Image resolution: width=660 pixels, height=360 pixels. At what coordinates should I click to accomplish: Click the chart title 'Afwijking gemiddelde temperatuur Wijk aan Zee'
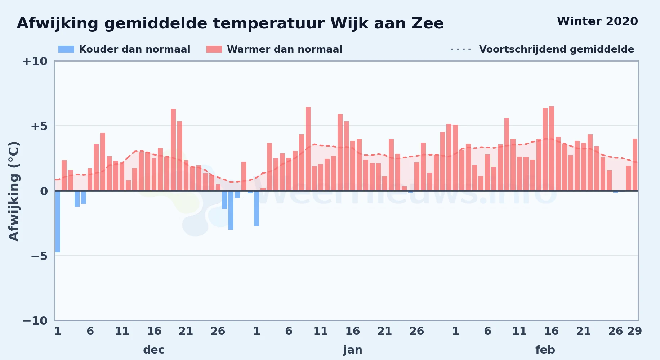(x=230, y=24)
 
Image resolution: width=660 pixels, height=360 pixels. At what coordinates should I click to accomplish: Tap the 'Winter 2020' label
(x=597, y=22)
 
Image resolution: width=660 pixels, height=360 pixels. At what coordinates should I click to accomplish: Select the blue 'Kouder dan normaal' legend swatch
(x=66, y=49)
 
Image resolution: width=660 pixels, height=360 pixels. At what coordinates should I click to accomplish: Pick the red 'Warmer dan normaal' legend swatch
(x=214, y=49)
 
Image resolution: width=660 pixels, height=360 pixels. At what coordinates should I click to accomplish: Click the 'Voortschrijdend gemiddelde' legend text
(x=557, y=49)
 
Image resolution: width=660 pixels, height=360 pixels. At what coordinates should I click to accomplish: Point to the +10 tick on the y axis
(x=35, y=61)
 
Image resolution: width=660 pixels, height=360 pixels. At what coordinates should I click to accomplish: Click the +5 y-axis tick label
(x=39, y=126)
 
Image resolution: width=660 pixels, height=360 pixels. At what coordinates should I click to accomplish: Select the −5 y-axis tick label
(x=39, y=256)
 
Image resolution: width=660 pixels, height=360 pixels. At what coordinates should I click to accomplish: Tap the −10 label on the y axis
(x=35, y=321)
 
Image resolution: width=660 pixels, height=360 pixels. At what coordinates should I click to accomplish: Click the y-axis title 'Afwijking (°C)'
(x=14, y=191)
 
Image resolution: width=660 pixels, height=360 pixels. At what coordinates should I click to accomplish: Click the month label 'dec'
(x=154, y=350)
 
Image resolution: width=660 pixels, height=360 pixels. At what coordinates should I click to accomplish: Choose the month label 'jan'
(x=353, y=350)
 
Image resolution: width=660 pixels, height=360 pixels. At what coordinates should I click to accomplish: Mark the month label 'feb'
(x=545, y=350)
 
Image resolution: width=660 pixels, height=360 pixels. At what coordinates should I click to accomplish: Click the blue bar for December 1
(x=58, y=221)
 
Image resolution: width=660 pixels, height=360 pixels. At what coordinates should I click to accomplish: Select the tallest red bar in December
(x=173, y=149)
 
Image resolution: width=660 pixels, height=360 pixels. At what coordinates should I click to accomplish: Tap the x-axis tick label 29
(x=635, y=331)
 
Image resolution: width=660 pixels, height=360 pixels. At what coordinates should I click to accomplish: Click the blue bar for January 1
(x=257, y=208)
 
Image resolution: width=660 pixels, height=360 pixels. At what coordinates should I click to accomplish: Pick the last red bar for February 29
(x=635, y=165)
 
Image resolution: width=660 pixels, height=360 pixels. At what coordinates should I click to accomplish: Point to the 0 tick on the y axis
(x=44, y=191)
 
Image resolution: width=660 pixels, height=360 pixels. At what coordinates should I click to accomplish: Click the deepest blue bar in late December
(x=231, y=210)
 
